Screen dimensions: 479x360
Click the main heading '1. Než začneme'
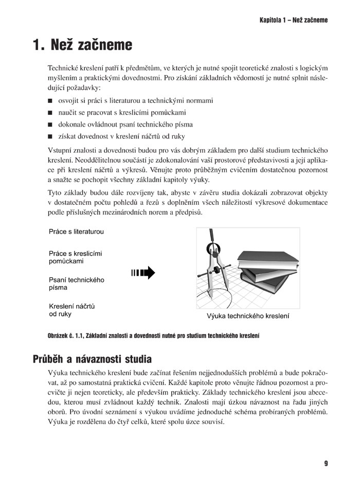(x=82, y=45)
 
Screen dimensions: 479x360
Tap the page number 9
(x=326, y=463)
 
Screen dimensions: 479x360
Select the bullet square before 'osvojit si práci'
(x=50, y=101)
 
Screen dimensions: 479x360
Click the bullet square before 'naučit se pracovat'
(x=50, y=113)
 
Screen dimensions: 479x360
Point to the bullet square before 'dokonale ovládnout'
(x=50, y=125)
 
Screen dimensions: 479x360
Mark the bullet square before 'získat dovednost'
(x=50, y=137)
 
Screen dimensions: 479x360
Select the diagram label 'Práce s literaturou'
(x=76, y=232)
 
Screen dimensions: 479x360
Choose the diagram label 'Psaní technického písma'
(x=76, y=284)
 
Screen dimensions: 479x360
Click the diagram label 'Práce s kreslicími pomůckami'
(x=75, y=257)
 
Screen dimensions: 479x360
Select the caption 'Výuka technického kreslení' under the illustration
(x=248, y=316)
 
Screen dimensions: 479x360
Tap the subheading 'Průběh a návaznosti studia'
(x=92, y=359)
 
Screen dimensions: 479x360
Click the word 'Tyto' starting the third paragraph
(x=55, y=193)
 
